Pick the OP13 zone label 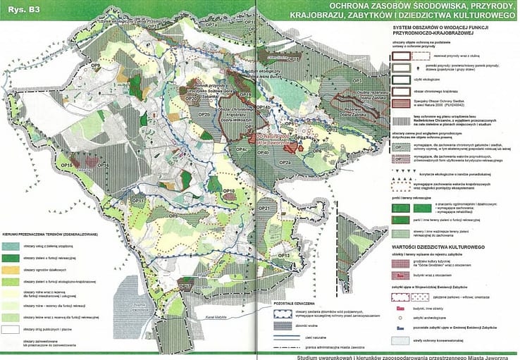pyautogui.click(x=285, y=254)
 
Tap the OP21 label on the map pyautogui.click(x=265, y=209)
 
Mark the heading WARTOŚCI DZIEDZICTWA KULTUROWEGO pyautogui.click(x=437, y=248)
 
